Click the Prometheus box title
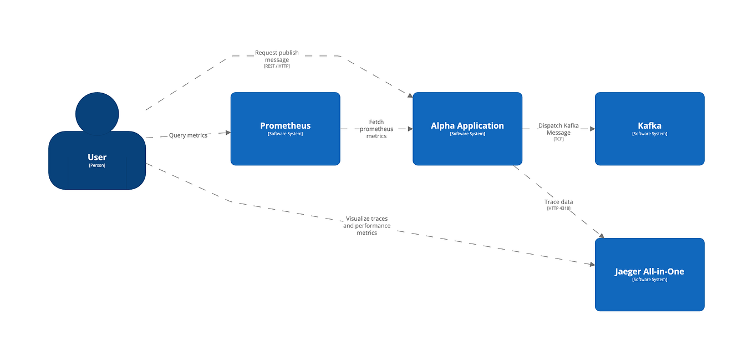tap(285, 126)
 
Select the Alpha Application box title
tap(467, 126)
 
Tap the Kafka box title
tap(649, 126)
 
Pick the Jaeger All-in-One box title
tap(649, 272)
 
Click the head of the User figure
tap(97, 113)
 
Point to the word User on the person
tap(97, 158)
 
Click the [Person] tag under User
tap(97, 165)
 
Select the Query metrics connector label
tap(188, 135)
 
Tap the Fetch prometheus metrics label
tap(376, 129)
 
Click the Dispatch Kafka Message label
tap(558, 129)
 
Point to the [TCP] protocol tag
tap(558, 139)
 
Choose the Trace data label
tap(558, 202)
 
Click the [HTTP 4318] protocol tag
tap(558, 209)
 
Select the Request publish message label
tap(277, 56)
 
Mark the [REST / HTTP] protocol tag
tap(277, 66)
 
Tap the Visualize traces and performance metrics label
tap(367, 226)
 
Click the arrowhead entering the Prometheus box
tap(227, 132)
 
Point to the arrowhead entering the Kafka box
tap(592, 129)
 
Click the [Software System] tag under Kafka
tap(649, 134)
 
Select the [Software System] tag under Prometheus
tap(285, 134)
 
